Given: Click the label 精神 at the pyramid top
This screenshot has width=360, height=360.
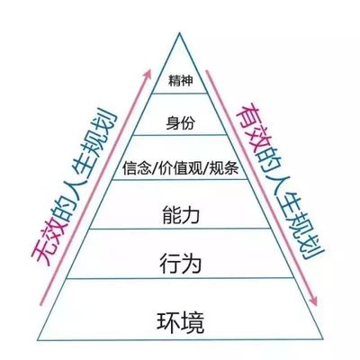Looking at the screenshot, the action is coord(180,81).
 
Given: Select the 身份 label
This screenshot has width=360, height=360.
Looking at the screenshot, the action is coord(180,123).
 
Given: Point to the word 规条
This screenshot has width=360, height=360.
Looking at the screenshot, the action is coord(224,167).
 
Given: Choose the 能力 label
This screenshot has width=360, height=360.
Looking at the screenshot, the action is coord(181,215).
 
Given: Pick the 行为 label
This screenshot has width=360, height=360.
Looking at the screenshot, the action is coord(180,263).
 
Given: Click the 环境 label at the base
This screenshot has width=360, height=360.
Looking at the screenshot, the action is coord(180,323).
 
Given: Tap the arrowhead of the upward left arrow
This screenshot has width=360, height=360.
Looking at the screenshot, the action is coord(148,74).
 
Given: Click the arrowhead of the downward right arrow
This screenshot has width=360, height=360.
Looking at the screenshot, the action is coord(313,301).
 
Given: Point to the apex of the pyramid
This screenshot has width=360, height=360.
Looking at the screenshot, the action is coord(180,32).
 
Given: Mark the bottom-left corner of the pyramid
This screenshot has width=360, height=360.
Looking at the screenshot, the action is coord(38,340).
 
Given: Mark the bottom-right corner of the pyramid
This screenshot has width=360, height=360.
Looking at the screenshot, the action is coord(323,339).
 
